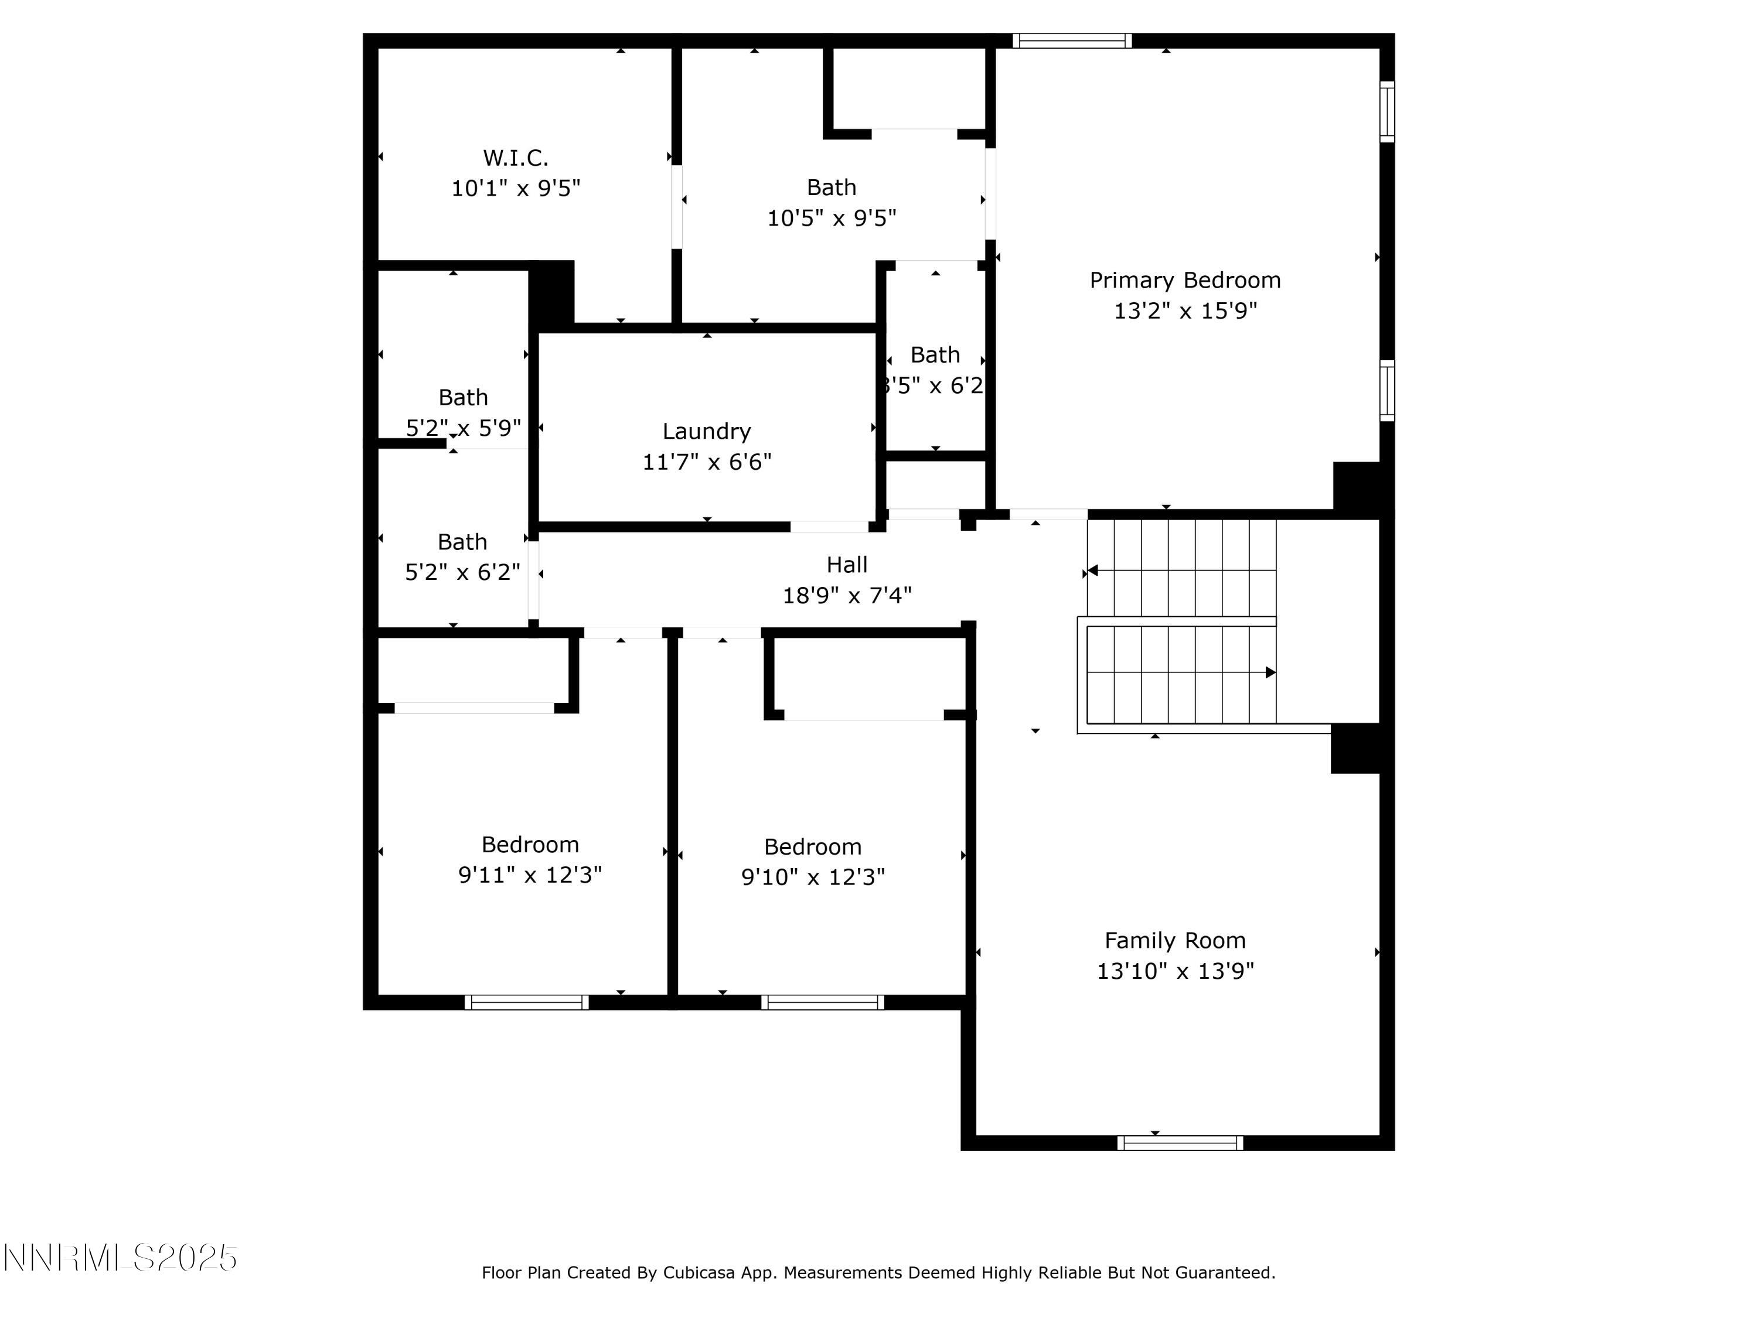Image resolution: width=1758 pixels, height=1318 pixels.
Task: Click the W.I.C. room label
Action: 515,158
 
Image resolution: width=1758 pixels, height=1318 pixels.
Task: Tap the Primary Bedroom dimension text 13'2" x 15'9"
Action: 1185,310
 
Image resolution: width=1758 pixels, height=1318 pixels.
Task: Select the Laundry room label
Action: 707,431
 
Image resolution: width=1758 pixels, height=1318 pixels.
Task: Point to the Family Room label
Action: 1175,941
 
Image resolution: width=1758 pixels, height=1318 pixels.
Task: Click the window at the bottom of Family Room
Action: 1180,1142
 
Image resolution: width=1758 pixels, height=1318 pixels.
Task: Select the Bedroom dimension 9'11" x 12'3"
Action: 530,875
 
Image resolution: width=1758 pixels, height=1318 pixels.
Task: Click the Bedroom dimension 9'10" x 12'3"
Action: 812,877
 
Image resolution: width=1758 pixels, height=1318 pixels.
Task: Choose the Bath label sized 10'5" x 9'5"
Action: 832,187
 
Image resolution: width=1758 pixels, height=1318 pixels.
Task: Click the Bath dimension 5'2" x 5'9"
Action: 464,428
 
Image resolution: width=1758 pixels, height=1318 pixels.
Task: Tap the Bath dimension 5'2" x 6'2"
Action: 462,572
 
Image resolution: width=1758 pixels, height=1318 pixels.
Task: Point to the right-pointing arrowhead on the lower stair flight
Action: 1270,672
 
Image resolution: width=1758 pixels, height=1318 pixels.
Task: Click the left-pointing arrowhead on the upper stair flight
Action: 1093,571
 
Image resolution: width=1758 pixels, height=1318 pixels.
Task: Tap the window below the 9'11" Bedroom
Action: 526,1002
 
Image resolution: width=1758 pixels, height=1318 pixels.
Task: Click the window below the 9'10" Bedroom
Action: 823,1002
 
